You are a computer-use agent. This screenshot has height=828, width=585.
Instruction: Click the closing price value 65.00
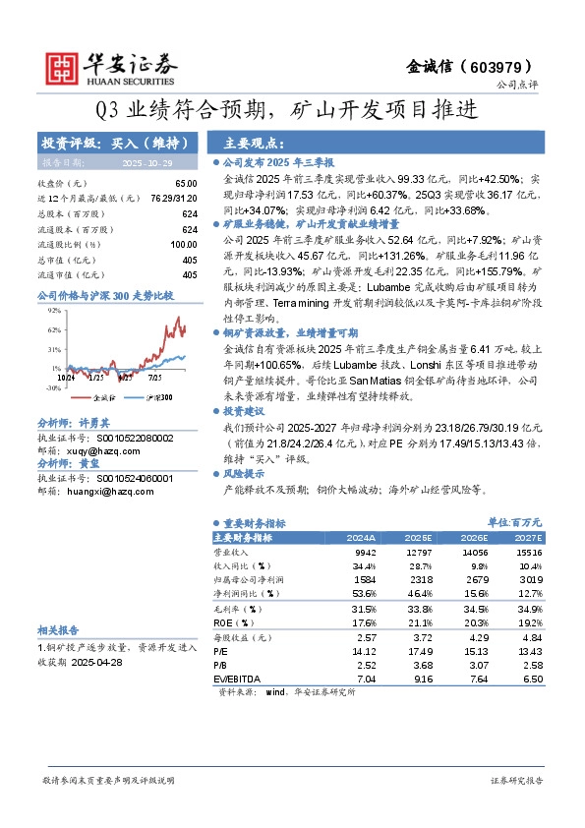185,184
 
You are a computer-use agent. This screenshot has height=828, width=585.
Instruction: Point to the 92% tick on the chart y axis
54,310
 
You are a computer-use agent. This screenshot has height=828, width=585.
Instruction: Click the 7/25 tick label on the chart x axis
155,376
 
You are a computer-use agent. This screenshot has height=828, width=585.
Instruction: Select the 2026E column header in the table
475,538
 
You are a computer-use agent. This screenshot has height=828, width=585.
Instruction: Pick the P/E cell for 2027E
528,651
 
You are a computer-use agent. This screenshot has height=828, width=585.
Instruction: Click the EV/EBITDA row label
235,679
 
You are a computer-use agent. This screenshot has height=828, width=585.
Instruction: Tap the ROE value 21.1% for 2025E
420,622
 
